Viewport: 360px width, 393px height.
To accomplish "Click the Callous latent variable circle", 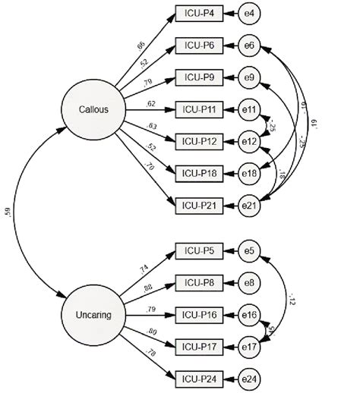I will (93, 110).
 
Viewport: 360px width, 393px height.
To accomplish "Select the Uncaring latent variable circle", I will (93, 313).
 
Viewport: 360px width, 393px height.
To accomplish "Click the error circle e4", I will (249, 13).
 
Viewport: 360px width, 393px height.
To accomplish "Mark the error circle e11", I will (249, 109).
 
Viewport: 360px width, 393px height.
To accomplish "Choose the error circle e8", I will (249, 281).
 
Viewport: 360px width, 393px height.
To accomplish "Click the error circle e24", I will (249, 377).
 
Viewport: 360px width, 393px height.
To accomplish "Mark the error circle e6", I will (249, 46).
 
